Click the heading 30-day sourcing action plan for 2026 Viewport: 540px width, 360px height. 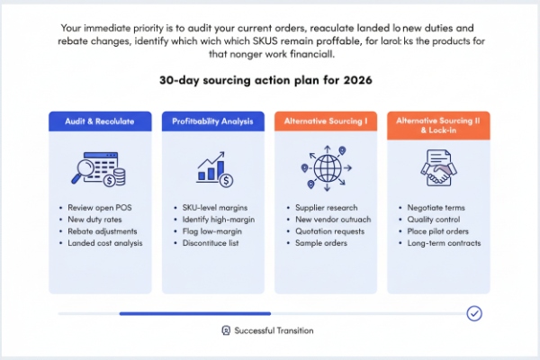click(x=269, y=80)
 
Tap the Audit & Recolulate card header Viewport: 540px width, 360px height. click(x=100, y=121)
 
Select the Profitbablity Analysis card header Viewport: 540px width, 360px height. click(x=212, y=121)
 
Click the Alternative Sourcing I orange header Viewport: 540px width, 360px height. click(x=326, y=121)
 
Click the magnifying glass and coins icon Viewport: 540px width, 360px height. click(x=100, y=168)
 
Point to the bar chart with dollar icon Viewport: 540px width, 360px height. click(x=213, y=169)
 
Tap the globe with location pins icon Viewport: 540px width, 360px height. click(x=326, y=169)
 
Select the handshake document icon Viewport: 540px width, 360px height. click(x=438, y=169)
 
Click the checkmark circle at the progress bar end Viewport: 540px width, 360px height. click(x=474, y=313)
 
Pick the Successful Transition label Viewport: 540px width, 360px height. click(x=274, y=330)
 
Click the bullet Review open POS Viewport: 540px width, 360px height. click(x=99, y=208)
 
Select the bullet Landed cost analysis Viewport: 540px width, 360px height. click(x=104, y=243)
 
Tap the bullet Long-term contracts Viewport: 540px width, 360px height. click(x=444, y=243)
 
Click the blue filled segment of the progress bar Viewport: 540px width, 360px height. click(x=170, y=313)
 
